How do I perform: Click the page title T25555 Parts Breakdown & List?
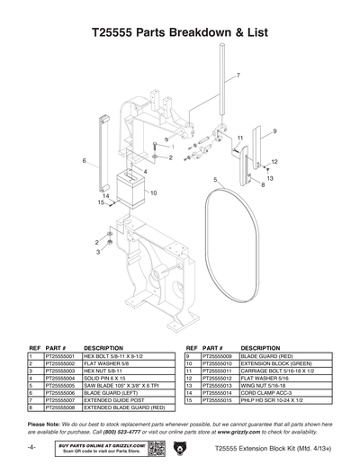(x=180, y=34)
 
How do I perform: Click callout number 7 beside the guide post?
(x=238, y=74)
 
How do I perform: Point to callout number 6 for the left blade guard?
(x=84, y=161)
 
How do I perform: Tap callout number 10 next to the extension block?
(x=154, y=192)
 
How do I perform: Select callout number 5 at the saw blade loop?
(x=215, y=181)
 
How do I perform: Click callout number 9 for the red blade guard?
(x=274, y=132)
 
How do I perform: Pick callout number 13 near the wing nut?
(x=270, y=178)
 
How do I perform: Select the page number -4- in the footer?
(x=31, y=446)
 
